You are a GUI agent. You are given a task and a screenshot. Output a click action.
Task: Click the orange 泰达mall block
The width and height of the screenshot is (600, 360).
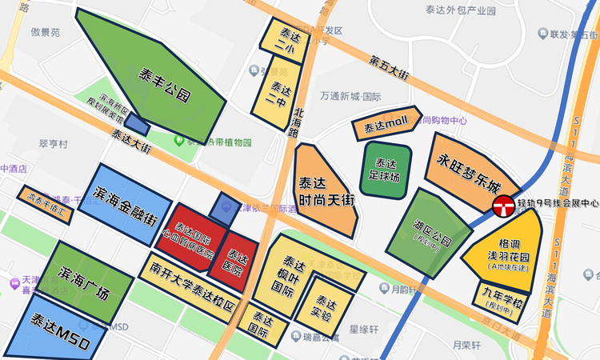point(386,126)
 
